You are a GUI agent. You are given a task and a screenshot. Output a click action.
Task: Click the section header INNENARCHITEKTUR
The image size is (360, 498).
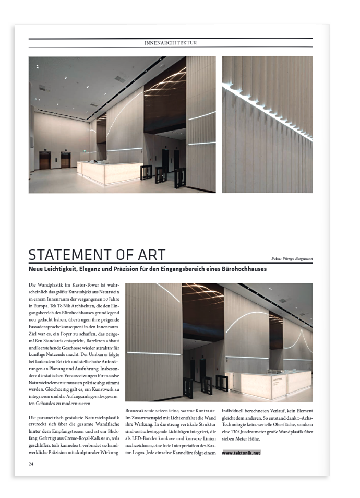[170, 43]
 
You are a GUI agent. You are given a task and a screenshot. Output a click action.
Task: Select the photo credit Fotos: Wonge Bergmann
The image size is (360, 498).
[292, 258]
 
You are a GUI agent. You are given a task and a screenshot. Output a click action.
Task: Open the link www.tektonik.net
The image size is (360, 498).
[241, 453]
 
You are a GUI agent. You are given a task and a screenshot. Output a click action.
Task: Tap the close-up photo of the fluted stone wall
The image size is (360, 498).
[267, 124]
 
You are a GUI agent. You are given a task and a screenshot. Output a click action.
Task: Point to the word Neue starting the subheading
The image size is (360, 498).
[36, 269]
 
